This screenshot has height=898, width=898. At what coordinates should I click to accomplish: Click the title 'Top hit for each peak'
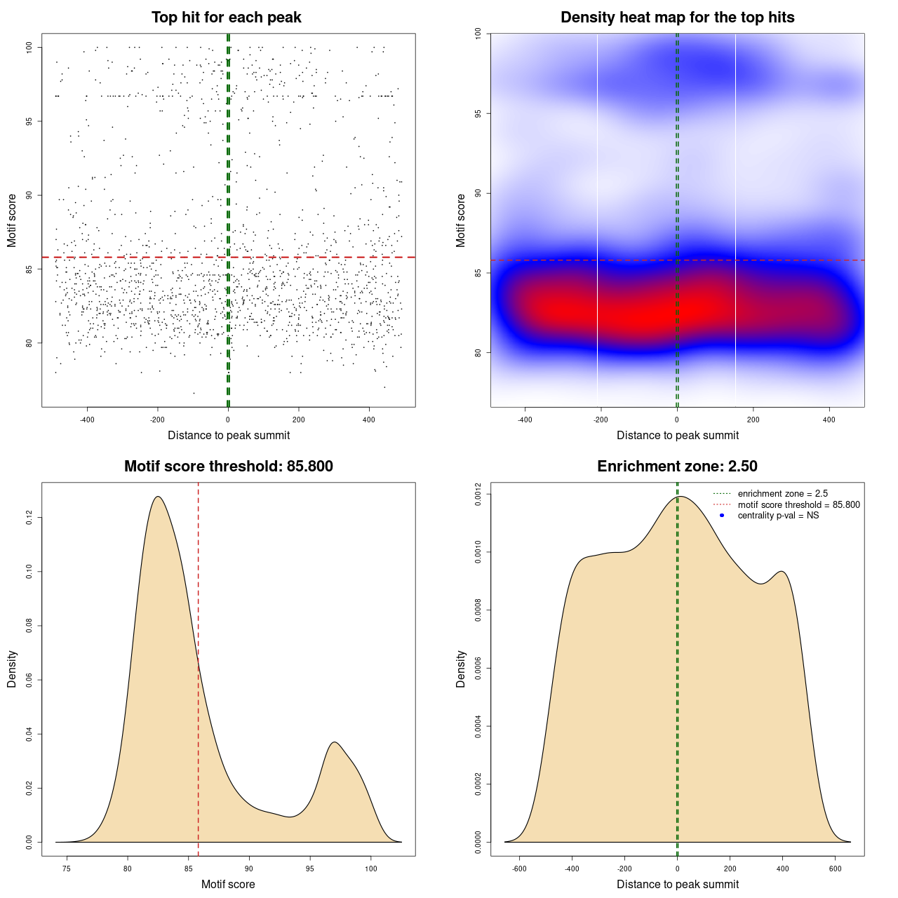point(227,18)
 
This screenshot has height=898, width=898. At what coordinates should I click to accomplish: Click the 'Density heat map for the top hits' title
point(677,18)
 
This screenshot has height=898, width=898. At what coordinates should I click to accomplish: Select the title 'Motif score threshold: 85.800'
point(228,467)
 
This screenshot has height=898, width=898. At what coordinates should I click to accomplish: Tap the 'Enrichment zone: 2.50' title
point(677,467)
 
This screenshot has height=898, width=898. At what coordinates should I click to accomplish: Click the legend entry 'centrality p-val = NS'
point(778,516)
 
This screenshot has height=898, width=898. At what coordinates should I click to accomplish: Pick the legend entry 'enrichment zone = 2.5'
point(782,494)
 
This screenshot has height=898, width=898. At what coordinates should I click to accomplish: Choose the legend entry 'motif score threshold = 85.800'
point(798,505)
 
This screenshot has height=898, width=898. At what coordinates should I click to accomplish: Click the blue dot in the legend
point(722,516)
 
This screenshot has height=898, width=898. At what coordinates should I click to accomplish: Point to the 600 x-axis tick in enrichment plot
point(835,869)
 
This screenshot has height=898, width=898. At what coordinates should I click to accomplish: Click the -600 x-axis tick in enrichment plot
point(519,869)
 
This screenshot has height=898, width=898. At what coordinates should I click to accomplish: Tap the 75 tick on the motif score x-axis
point(67,869)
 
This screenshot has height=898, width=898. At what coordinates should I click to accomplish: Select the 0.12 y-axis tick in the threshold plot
point(29,518)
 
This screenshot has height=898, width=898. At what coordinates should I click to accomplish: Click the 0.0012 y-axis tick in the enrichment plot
point(478,495)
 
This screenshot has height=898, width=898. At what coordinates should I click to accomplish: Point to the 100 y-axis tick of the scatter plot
point(29,47)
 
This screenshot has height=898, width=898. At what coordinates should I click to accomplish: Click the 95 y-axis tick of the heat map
point(478,113)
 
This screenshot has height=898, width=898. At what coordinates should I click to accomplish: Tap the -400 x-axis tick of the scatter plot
point(87,420)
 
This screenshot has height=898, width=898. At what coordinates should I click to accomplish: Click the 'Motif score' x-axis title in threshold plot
point(228,884)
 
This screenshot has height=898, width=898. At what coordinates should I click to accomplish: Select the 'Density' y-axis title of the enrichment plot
point(461,669)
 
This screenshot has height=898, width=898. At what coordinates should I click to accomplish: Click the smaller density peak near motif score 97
point(335,742)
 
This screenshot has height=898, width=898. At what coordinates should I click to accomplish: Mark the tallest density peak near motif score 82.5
point(158,497)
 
